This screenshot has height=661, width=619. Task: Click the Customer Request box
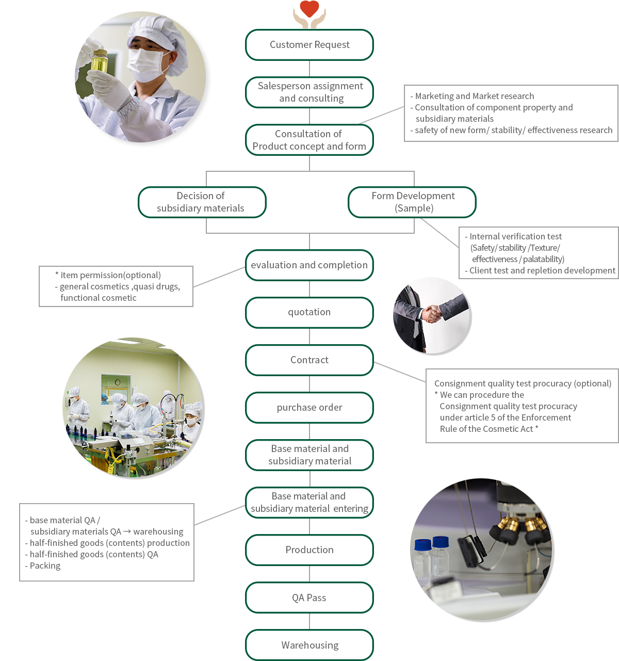tap(309, 45)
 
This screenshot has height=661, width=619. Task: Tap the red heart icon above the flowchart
tap(309, 9)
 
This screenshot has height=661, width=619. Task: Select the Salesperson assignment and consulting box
tap(309, 92)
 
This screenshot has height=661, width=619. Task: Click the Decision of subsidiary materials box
tap(202, 202)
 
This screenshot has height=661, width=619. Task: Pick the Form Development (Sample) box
tap(412, 202)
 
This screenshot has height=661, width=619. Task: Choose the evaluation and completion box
tap(309, 265)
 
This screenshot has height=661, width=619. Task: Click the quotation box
tap(309, 312)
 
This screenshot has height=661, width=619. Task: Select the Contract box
tap(309, 360)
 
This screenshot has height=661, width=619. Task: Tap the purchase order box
tap(309, 407)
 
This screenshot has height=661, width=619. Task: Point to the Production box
tap(309, 550)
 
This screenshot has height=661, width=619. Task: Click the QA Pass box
tap(309, 598)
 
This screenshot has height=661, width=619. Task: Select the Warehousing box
tap(309, 645)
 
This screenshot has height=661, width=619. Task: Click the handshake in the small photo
tap(432, 313)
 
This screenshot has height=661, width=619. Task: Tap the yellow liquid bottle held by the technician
tap(99, 62)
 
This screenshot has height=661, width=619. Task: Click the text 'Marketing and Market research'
tap(475, 96)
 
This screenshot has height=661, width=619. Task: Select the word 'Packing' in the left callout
tap(45, 566)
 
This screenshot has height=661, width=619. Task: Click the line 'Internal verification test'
tap(515, 236)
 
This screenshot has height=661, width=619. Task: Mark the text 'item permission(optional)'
tap(110, 275)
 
